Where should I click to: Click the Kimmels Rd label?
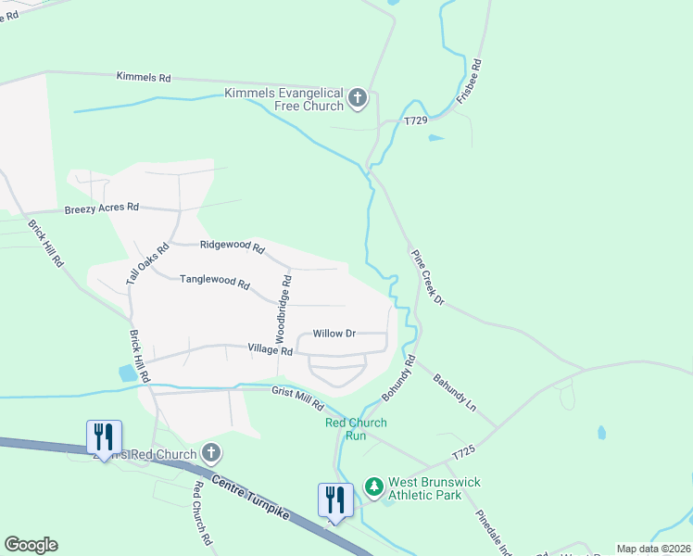click(x=144, y=78)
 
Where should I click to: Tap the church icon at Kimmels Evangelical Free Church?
click(x=358, y=96)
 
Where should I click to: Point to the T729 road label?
click(x=416, y=121)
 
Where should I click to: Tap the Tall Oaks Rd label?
click(x=147, y=263)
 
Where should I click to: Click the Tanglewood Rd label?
click(x=215, y=280)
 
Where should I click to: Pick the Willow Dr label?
click(x=334, y=333)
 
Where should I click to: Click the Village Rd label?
click(x=270, y=349)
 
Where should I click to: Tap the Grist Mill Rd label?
click(x=297, y=398)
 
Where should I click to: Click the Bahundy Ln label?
click(x=457, y=393)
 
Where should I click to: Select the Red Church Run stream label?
click(x=356, y=429)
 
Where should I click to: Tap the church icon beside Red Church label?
click(x=211, y=453)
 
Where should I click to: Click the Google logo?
click(x=31, y=545)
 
